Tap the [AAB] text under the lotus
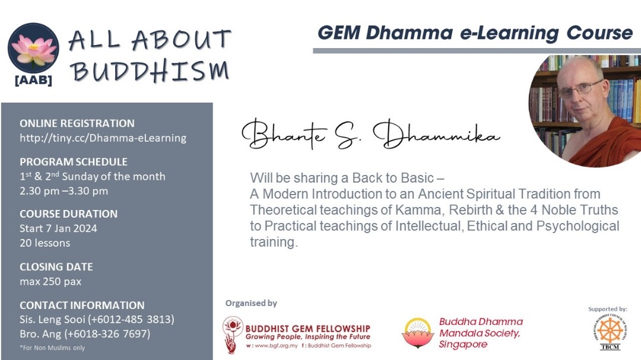[x=33, y=80]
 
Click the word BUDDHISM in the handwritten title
[x=150, y=71]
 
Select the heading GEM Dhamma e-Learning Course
[x=475, y=33]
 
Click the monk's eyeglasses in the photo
[x=580, y=89]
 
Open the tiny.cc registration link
[x=103, y=138]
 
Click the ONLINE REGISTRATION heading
[x=77, y=123]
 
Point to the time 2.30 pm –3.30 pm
[x=64, y=191]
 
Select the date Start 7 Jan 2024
[x=58, y=228]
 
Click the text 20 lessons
[x=45, y=243]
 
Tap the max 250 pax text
[x=50, y=282]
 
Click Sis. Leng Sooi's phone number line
[x=97, y=320]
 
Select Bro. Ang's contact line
[x=85, y=334]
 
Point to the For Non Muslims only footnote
[x=52, y=348]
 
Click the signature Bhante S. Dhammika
[x=371, y=134]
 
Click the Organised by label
[x=251, y=303]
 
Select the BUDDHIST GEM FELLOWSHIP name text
[x=308, y=329]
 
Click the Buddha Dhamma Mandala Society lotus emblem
[x=418, y=333]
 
